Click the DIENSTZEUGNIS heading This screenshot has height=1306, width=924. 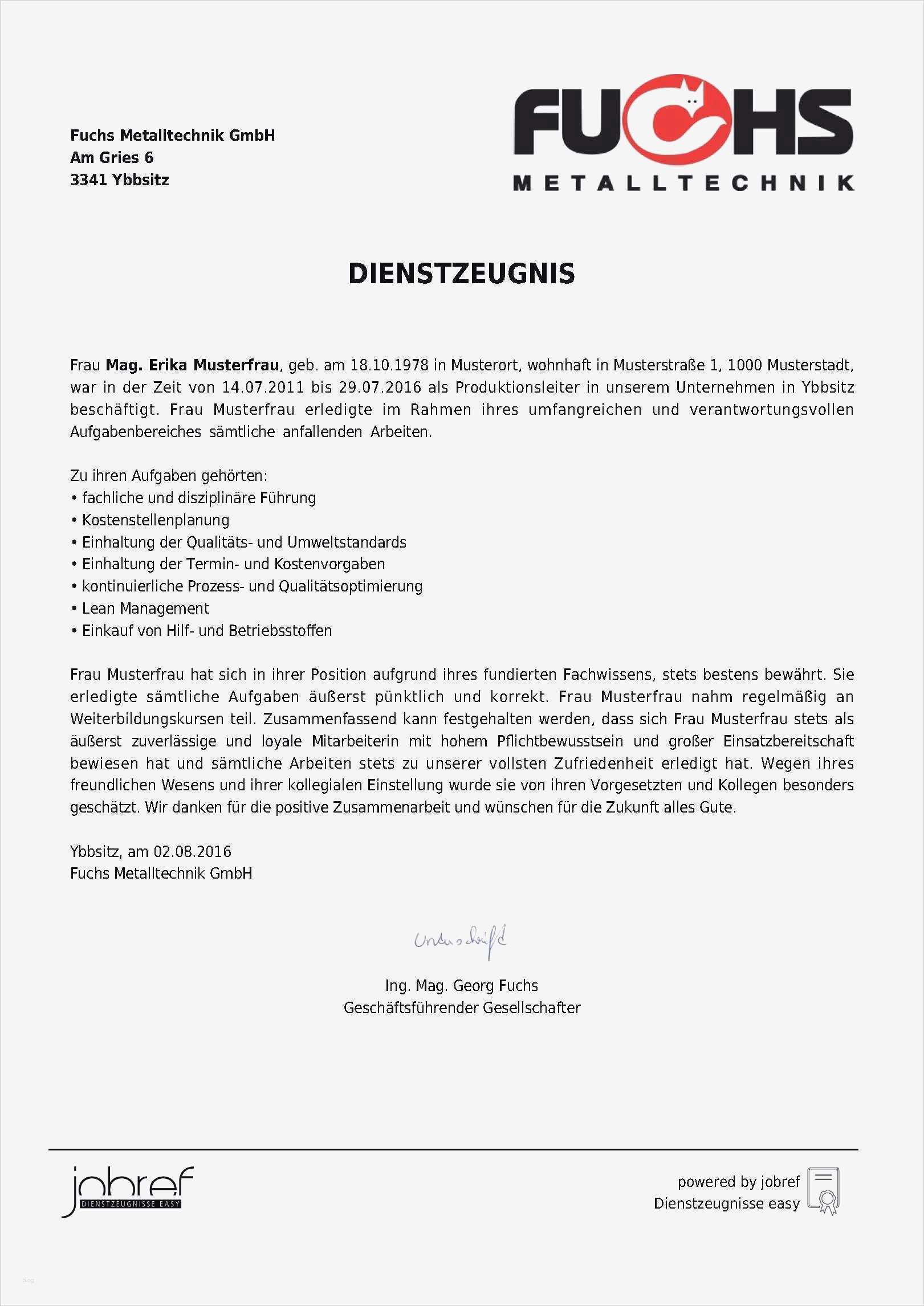point(461,274)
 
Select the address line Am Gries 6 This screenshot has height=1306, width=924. point(112,158)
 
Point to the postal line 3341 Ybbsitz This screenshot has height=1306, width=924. point(119,180)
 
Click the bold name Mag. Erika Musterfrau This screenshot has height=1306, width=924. point(192,365)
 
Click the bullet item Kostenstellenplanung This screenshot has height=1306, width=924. point(156,520)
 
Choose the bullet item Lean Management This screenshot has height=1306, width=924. point(145,609)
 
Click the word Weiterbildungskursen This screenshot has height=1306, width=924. point(146,719)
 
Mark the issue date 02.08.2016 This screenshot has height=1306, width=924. point(192,852)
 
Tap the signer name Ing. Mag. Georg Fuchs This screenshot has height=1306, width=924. point(461,986)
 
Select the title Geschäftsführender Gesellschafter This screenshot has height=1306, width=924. point(462,1008)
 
